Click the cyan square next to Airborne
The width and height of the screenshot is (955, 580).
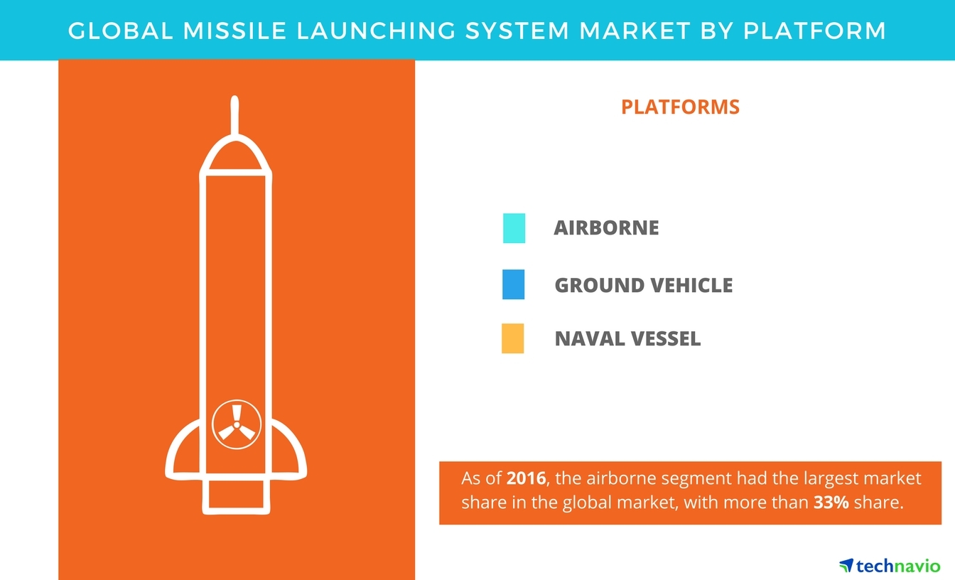pos(514,228)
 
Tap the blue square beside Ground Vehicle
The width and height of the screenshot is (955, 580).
pos(513,284)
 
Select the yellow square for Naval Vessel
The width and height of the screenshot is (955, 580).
pos(512,338)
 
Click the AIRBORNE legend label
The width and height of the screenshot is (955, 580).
pos(606,228)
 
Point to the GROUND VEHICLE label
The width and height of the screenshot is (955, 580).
pos(643,285)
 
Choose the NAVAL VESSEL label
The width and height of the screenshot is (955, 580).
pos(627,339)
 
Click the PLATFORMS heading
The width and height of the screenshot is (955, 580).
pos(680,107)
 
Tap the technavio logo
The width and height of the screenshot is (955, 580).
pos(889,566)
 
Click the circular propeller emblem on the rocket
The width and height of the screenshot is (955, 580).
pos(236,423)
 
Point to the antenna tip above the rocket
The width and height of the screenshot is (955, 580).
pos(235,103)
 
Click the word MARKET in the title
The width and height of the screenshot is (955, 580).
pos(649,31)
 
